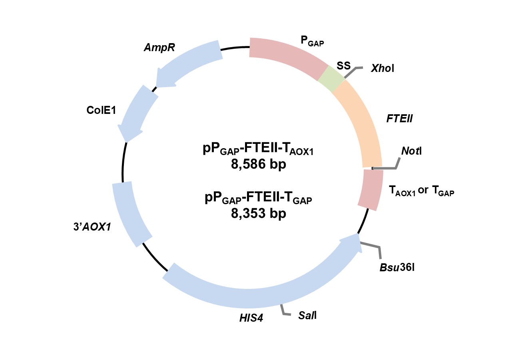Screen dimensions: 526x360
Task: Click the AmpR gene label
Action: click(159, 48)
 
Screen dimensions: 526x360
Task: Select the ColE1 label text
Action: click(101, 110)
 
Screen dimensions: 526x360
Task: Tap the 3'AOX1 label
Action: click(92, 227)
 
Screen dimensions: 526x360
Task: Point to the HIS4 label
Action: click(251, 318)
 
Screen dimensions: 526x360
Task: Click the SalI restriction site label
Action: click(307, 315)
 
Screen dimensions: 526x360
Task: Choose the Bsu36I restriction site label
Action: click(397, 267)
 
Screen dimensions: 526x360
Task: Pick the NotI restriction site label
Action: click(411, 151)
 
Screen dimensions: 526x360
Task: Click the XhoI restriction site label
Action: click(383, 68)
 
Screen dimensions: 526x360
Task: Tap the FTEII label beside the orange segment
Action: click(399, 119)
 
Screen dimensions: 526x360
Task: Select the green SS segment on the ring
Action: click(331, 79)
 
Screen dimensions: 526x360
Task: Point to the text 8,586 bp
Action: click(259, 164)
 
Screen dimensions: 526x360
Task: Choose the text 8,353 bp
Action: click(259, 213)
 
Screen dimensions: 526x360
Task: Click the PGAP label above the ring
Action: click(312, 41)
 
